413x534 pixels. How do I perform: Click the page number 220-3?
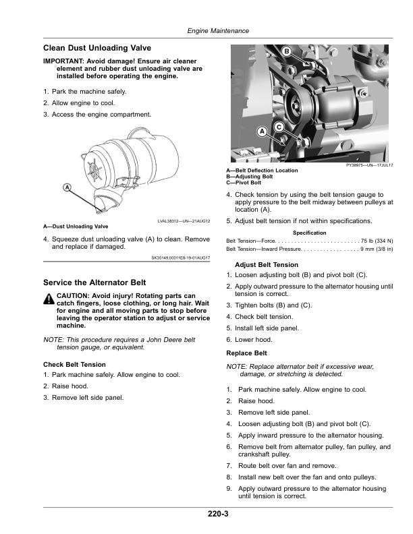tap(218, 514)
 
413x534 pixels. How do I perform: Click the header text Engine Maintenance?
tap(218, 31)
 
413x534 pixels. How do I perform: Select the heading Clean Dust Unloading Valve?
tap(97, 49)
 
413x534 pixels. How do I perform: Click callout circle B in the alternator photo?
tap(285, 52)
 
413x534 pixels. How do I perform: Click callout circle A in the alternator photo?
tap(261, 132)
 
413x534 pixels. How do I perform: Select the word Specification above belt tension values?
tap(310, 233)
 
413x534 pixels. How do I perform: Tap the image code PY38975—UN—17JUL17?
tap(370, 165)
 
